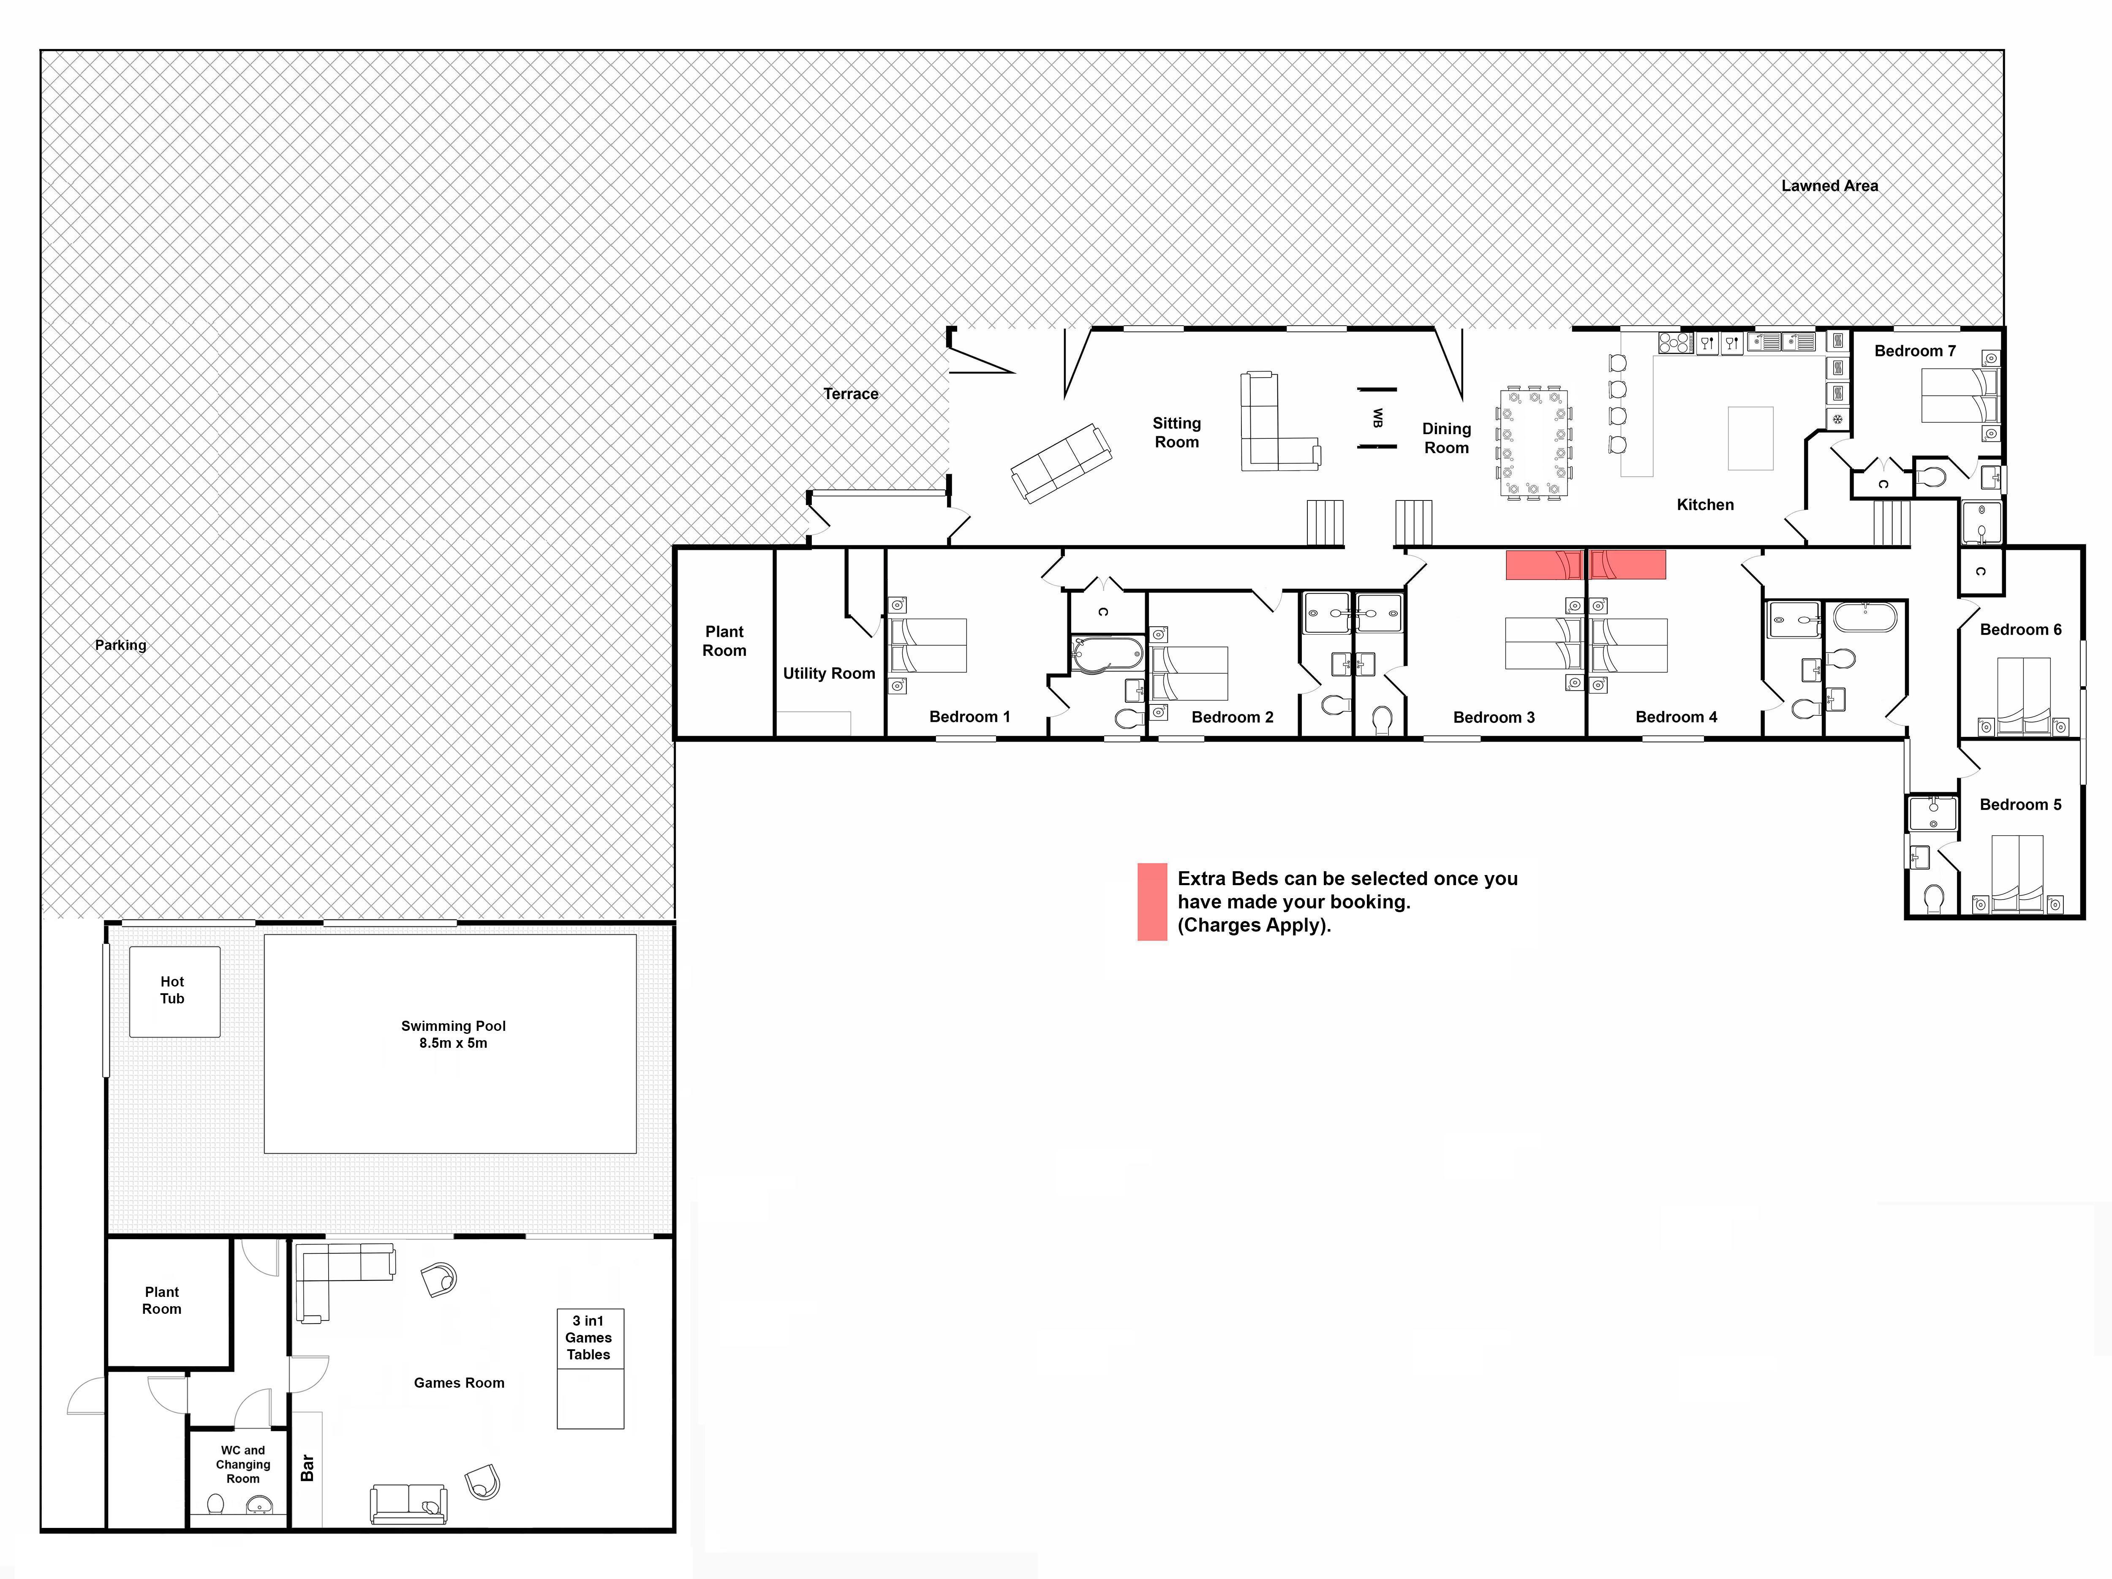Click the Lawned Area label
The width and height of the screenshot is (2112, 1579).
click(1829, 186)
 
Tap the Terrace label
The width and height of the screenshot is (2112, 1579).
click(851, 393)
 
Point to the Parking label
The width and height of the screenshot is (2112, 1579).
click(120, 645)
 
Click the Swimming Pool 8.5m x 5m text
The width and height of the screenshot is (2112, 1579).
click(454, 1034)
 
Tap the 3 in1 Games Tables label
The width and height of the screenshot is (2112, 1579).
click(588, 1337)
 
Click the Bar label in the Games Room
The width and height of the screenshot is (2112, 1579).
click(307, 1468)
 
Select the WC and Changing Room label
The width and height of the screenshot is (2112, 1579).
click(242, 1465)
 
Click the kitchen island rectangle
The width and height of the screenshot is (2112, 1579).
click(1750, 438)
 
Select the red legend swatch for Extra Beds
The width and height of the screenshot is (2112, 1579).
click(1151, 902)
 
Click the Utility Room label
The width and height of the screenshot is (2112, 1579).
click(829, 673)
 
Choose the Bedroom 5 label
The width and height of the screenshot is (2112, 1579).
click(2020, 805)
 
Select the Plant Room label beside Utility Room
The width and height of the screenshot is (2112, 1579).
click(725, 641)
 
